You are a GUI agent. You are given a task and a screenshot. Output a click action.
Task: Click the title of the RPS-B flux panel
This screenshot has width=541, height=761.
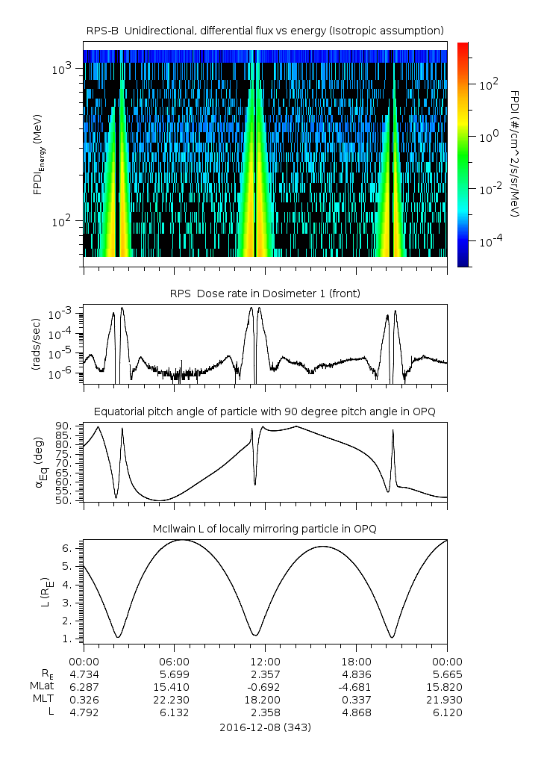tap(265, 30)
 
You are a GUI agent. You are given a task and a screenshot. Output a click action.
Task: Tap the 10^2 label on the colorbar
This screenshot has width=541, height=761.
tap(489, 84)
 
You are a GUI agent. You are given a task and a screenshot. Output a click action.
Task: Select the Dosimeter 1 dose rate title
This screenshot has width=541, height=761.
tap(265, 293)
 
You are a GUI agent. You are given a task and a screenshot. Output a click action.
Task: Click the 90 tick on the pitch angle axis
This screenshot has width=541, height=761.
tap(65, 426)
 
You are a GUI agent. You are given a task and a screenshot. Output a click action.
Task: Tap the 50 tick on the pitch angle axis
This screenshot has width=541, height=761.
tap(65, 500)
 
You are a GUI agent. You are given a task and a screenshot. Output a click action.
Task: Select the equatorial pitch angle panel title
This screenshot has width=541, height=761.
tap(265, 411)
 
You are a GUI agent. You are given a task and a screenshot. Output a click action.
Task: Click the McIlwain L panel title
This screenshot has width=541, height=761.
tap(265, 529)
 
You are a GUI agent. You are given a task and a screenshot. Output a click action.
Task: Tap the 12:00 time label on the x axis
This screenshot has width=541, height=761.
tap(265, 661)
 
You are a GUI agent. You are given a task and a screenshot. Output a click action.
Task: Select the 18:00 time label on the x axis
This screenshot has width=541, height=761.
tap(356, 661)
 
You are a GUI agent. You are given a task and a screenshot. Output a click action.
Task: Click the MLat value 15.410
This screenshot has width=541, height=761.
tap(174, 686)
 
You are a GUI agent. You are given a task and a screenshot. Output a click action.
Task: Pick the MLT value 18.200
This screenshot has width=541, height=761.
tap(265, 699)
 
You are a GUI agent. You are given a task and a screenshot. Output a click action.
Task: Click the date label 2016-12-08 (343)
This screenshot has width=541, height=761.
tap(265, 727)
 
